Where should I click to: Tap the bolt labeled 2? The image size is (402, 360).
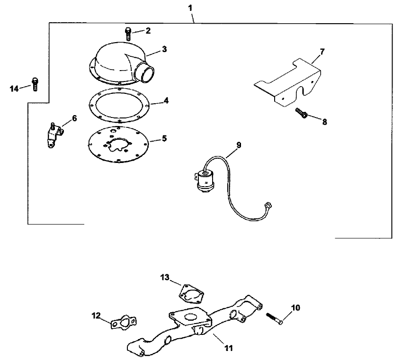click(x=128, y=33)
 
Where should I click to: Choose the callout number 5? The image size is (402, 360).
click(x=164, y=138)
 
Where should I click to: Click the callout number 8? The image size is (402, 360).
click(x=324, y=122)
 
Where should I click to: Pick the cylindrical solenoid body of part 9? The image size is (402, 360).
click(x=206, y=180)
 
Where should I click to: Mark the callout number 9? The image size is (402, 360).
click(x=239, y=145)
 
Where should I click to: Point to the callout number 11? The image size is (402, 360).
click(x=228, y=348)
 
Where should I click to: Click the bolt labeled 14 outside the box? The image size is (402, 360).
click(x=35, y=84)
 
